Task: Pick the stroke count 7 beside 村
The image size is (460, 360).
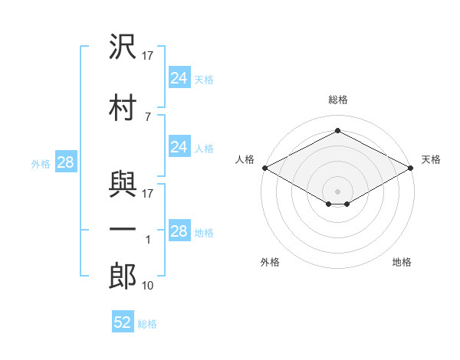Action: (x=148, y=116)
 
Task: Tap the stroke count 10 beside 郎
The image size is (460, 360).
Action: (x=149, y=286)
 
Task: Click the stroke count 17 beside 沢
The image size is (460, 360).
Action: (x=149, y=55)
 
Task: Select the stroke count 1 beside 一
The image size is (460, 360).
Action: (x=148, y=240)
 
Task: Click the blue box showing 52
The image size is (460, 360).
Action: (x=123, y=322)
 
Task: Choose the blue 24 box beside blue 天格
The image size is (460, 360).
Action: (x=179, y=77)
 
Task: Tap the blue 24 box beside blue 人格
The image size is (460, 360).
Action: (x=179, y=147)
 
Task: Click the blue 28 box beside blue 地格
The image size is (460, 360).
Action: (x=179, y=231)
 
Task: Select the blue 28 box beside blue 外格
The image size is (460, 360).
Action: (x=65, y=162)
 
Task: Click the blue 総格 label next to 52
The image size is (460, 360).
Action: (x=147, y=324)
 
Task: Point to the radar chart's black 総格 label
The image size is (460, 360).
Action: (x=337, y=100)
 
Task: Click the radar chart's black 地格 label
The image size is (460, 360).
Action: (x=402, y=263)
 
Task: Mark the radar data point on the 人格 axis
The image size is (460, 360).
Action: (x=264, y=168)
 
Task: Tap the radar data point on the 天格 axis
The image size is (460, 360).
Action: (x=412, y=168)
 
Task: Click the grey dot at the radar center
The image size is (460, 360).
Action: (x=337, y=190)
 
